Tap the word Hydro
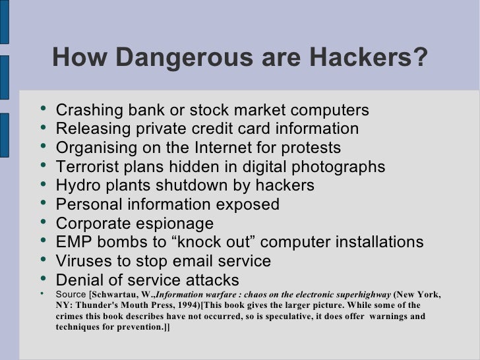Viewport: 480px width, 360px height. (78, 185)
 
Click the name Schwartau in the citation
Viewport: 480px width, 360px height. (119, 293)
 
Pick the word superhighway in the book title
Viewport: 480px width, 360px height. (361, 293)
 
